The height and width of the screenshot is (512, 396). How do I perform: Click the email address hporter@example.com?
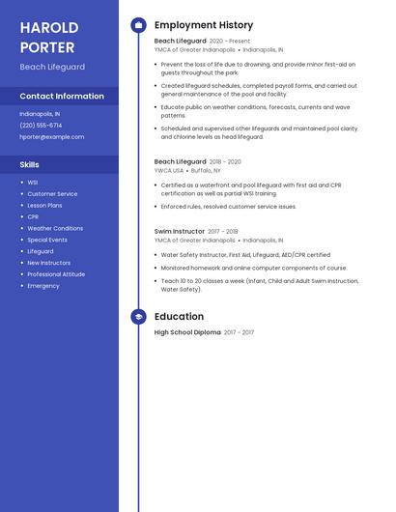(x=51, y=137)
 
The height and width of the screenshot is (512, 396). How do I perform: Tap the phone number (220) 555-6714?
(x=41, y=126)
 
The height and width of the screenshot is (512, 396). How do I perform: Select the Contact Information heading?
(x=62, y=97)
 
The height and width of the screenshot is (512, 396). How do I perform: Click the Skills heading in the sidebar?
(x=29, y=165)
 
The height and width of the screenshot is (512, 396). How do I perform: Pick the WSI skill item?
(x=33, y=183)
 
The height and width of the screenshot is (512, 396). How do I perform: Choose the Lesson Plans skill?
(x=44, y=206)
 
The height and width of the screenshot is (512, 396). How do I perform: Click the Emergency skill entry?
(x=43, y=286)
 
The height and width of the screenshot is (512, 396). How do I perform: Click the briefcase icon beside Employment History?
(x=138, y=25)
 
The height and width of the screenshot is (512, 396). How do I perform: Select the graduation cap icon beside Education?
(x=138, y=317)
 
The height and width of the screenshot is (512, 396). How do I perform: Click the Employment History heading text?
(x=204, y=25)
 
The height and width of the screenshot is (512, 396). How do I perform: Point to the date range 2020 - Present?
(x=230, y=42)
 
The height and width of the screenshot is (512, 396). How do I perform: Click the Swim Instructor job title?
(x=180, y=232)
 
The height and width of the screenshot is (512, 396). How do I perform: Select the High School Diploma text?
(x=187, y=332)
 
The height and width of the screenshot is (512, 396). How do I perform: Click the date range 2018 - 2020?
(x=225, y=162)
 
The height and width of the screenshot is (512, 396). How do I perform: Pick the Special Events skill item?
(x=47, y=240)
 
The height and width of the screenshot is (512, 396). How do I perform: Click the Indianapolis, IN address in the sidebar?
(x=40, y=114)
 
